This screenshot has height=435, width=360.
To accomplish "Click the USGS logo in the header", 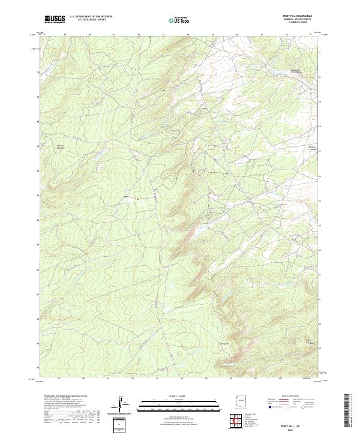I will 55,20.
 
